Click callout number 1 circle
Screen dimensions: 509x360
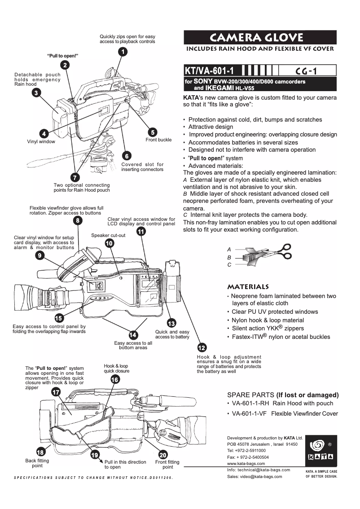[122, 52]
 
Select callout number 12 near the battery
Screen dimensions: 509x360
[202, 348]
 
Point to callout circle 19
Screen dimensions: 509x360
[95, 455]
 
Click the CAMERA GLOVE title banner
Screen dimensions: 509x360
[260, 37]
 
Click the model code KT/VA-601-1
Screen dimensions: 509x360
[210, 70]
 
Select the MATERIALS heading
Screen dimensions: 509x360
[248, 286]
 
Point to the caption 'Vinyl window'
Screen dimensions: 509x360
[41, 141]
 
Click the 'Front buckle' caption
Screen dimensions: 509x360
[158, 140]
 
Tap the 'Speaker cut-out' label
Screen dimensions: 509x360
[108, 235]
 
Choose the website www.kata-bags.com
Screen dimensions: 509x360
[246, 463]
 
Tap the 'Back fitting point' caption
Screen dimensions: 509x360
[37, 464]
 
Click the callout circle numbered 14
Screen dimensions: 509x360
[133, 335]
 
